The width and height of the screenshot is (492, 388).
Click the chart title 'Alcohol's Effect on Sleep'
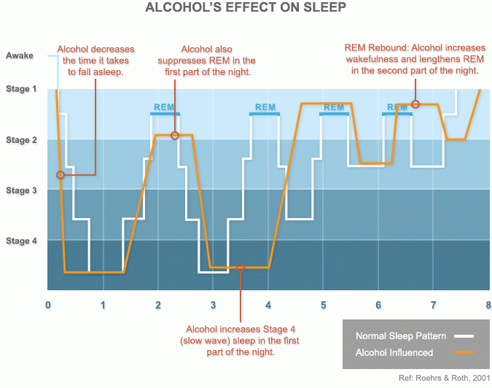245,9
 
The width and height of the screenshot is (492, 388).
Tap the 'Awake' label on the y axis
20,55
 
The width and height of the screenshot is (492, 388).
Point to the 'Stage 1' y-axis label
21,89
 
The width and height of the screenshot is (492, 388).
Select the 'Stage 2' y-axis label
21,139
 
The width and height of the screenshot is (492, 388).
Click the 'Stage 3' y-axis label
21,190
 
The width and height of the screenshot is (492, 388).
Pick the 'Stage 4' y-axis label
21,241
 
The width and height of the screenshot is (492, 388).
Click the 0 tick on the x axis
48,305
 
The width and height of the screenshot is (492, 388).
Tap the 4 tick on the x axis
268,305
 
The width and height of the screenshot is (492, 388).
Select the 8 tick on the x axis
488,305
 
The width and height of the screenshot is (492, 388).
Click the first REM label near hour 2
165,107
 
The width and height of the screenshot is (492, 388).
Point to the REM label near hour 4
265,107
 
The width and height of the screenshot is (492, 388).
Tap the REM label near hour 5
334,107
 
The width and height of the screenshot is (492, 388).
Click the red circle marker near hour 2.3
175,135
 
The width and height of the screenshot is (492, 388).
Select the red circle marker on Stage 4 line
241,268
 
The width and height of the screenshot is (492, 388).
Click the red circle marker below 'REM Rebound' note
415,104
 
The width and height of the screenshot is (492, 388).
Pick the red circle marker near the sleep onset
60,175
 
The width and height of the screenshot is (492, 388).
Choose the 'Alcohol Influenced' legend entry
394,352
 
